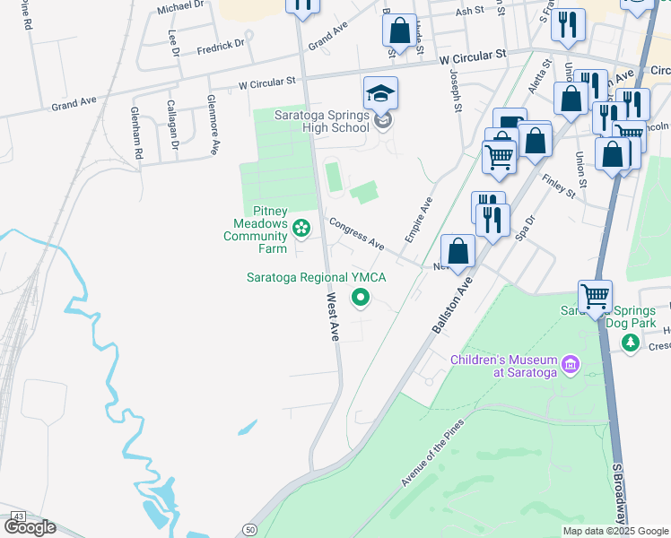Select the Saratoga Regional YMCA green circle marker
tap(361, 298)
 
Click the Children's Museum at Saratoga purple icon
tap(569, 364)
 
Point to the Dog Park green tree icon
tap(632, 342)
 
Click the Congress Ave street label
tap(356, 235)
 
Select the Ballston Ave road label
tap(452, 305)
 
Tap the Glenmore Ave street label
tap(213, 113)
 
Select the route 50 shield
tap(249, 529)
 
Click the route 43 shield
tap(18, 517)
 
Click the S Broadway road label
tap(620, 493)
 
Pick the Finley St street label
tap(557, 187)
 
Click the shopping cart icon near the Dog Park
tap(595, 296)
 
